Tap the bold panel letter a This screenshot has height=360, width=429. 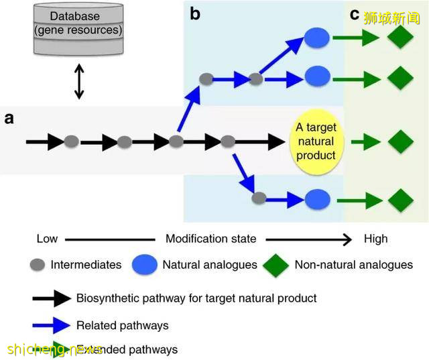tap(9, 119)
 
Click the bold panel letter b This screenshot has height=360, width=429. tap(195, 13)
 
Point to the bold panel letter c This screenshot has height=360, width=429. tap(355, 13)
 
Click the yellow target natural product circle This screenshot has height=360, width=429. tap(316, 141)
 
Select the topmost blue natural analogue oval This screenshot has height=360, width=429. tap(316, 38)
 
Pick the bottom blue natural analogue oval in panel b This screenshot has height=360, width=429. tap(316, 199)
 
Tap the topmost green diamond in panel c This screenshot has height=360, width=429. tap(400, 38)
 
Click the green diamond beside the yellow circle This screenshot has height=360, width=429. tap(400, 141)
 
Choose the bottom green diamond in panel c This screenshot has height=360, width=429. tap(400, 199)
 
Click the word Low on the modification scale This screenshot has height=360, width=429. tap(48, 239)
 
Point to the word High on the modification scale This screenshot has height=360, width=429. tap(375, 239)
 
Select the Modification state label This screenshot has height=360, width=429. tap(210, 239)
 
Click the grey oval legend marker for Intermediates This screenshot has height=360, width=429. tap(38, 265)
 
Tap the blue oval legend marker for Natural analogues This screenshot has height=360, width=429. tap(145, 265)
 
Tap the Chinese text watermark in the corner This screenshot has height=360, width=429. tap(393, 17)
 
